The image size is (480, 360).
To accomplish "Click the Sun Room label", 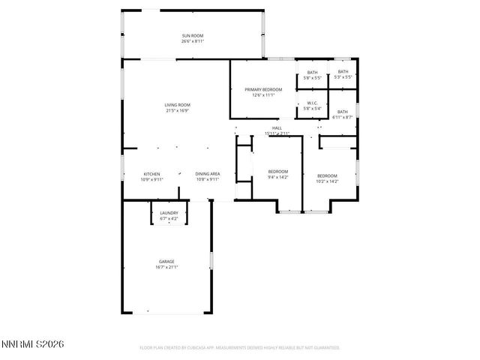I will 192,35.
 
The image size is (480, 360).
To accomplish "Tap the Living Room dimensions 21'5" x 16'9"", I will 177,110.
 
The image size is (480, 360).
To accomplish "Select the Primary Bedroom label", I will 263,89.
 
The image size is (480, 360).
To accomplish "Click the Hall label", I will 277,128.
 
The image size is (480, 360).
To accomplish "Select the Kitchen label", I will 152,174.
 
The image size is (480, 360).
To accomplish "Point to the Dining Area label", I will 207,174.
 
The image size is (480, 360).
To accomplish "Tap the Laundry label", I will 169,213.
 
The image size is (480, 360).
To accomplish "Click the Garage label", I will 166,261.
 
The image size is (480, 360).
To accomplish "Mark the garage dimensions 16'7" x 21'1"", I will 166,267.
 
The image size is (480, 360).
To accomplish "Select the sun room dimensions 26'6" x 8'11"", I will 192,41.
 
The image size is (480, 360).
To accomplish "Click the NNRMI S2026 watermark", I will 33,344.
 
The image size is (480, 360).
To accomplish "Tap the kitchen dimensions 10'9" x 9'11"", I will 152,180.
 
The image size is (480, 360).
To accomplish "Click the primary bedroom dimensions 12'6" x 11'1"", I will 263,95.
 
